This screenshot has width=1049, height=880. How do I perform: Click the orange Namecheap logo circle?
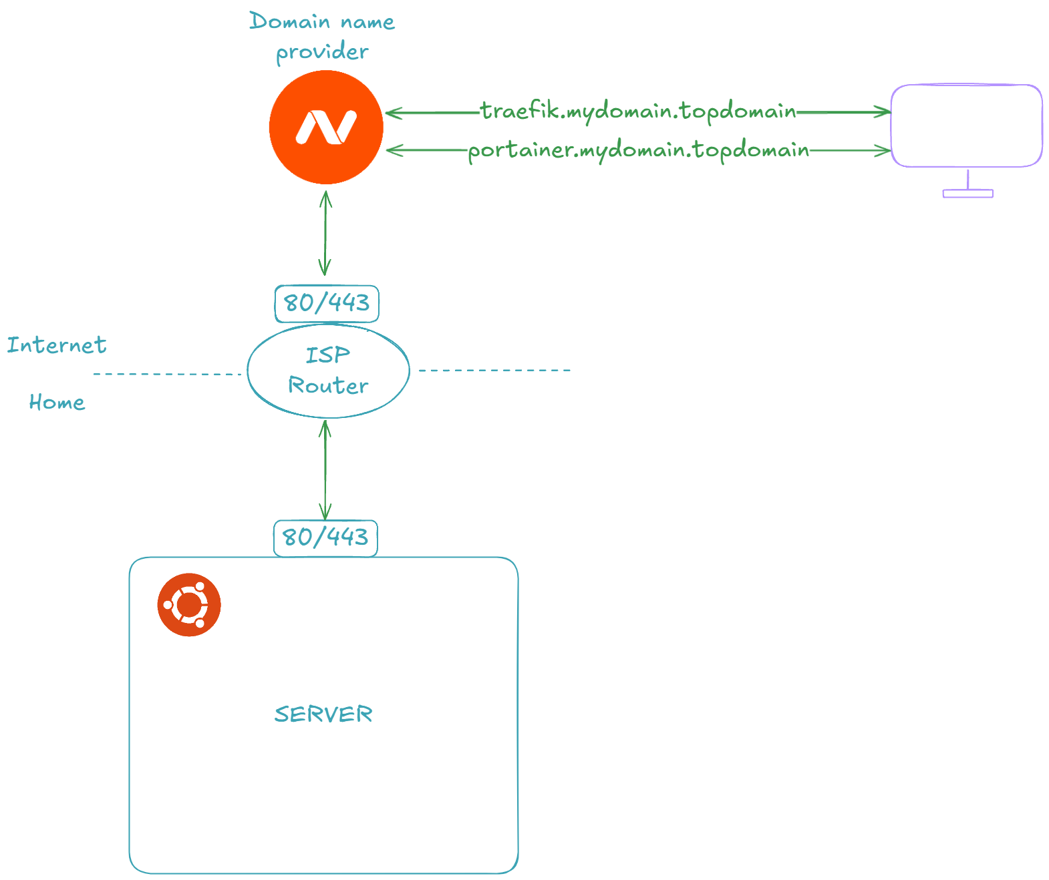click(x=326, y=127)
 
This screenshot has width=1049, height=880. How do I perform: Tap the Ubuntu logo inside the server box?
click(x=189, y=604)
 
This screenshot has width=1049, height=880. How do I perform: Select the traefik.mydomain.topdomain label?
click(x=638, y=111)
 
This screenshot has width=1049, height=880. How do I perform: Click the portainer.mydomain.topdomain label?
click(x=638, y=150)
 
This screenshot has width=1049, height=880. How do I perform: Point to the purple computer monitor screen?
click(x=967, y=126)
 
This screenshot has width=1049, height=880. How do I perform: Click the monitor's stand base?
click(x=967, y=194)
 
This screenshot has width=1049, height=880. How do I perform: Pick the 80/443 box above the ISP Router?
click(x=327, y=303)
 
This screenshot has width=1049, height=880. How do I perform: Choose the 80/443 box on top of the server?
click(x=325, y=537)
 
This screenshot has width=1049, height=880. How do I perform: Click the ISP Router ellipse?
click(x=328, y=371)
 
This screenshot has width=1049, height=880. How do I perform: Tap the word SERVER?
click(x=323, y=714)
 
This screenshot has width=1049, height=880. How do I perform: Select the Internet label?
click(x=57, y=345)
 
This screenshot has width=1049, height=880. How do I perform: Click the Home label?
click(x=57, y=402)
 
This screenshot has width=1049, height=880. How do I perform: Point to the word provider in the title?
click(x=322, y=51)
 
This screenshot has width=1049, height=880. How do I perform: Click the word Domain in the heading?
click(x=290, y=21)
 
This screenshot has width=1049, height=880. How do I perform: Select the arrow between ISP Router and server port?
click(x=325, y=469)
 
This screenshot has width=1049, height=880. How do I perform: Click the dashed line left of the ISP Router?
click(x=167, y=374)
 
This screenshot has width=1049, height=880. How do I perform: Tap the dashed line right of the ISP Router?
click(x=494, y=370)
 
